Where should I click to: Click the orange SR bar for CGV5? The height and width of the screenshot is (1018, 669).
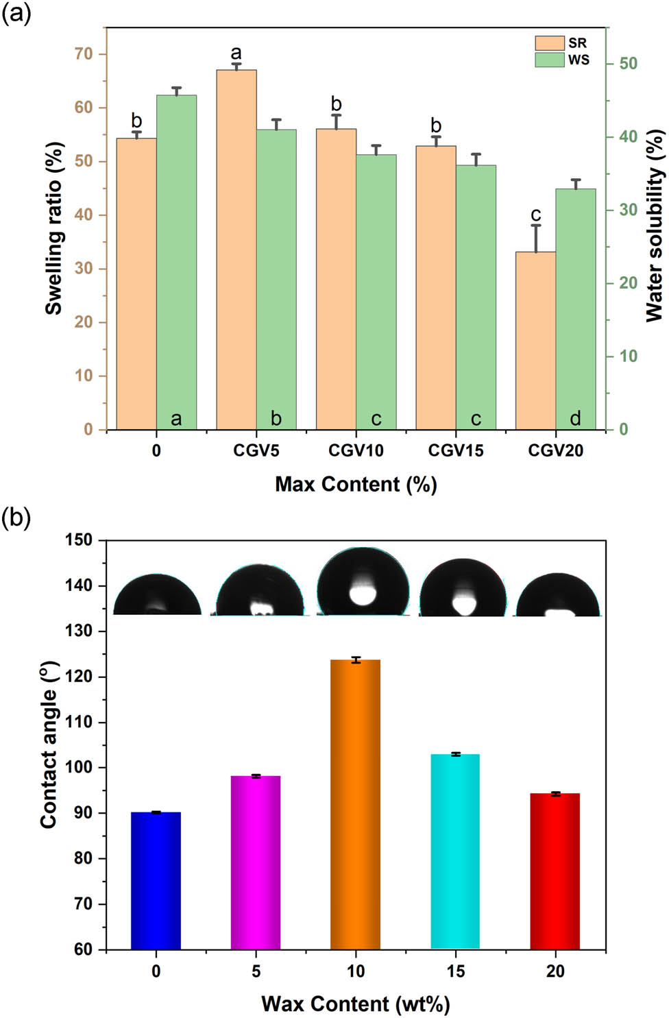click(236, 250)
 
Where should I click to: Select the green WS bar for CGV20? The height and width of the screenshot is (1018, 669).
click(575, 308)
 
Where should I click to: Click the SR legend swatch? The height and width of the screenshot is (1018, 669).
click(549, 43)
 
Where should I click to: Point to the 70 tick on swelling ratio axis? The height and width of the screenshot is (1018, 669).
click(84, 54)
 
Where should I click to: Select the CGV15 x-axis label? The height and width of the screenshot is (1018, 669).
click(456, 451)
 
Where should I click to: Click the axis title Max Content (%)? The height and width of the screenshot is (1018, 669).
click(356, 485)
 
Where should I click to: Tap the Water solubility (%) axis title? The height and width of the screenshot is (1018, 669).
click(655, 226)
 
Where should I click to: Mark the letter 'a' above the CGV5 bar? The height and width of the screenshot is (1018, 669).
click(236, 53)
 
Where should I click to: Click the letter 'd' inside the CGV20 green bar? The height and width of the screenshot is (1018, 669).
click(575, 418)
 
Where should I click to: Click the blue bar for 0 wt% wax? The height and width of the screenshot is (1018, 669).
click(156, 880)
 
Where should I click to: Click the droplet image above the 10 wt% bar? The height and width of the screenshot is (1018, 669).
click(363, 582)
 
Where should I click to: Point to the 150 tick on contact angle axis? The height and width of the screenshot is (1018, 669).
click(78, 540)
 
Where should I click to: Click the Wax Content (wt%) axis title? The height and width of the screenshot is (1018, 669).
click(356, 1004)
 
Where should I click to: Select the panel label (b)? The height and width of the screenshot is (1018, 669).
click(16, 518)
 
